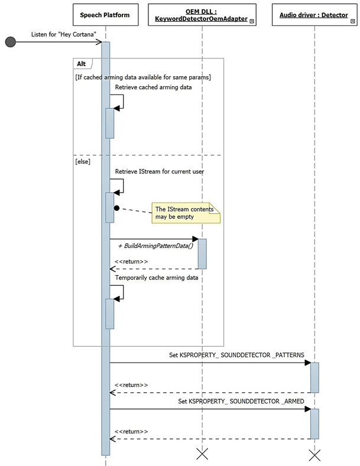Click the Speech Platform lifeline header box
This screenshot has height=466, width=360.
(105, 14)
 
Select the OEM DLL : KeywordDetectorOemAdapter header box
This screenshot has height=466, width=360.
(202, 14)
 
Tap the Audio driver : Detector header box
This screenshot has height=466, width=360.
(314, 14)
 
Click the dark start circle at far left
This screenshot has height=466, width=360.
(10, 42)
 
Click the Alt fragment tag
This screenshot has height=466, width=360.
(81, 63)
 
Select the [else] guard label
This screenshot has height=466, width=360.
(83, 161)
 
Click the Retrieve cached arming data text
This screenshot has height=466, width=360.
(153, 87)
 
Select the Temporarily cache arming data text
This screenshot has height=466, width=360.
(157, 277)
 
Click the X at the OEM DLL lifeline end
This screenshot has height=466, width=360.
(202, 454)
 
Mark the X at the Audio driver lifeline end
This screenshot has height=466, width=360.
(314, 454)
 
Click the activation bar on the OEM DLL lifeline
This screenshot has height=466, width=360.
(202, 254)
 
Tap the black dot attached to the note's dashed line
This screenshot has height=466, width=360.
(117, 208)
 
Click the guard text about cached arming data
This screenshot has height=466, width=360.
(143, 77)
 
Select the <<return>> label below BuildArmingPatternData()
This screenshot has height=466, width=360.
(131, 261)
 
